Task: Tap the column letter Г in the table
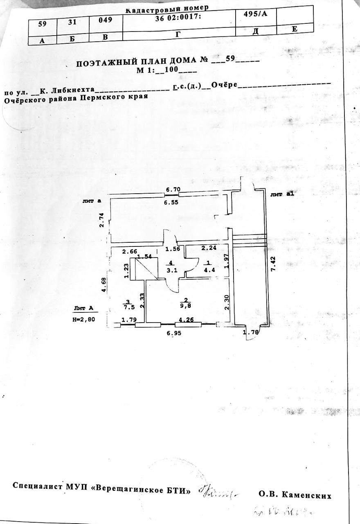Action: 178,34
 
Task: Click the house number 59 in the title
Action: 230,59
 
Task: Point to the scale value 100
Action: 171,69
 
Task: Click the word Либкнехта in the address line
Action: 74,89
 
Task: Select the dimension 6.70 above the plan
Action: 172,190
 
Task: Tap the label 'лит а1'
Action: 282,195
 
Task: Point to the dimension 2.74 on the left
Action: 102,220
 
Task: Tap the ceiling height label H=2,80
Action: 83,320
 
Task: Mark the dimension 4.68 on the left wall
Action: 104,285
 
